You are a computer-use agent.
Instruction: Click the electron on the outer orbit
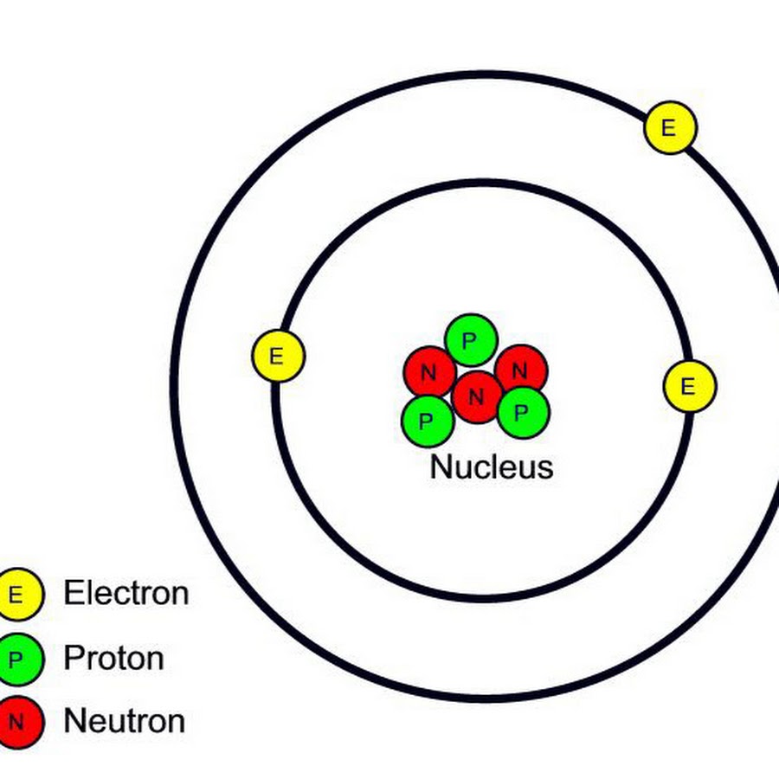click(x=670, y=128)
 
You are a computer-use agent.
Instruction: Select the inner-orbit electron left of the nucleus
click(x=278, y=357)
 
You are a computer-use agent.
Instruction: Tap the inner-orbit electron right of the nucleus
click(x=689, y=386)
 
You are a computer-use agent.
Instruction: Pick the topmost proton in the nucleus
click(x=470, y=340)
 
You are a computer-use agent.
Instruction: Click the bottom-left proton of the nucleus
click(x=428, y=421)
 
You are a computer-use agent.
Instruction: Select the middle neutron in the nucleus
click(x=476, y=397)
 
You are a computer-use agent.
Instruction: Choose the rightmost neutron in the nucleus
click(x=521, y=370)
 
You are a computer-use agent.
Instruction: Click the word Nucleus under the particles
click(x=491, y=467)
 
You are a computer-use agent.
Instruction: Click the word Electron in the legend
click(x=126, y=594)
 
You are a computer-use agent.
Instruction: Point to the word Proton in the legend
click(x=113, y=659)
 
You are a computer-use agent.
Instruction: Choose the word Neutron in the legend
click(x=125, y=721)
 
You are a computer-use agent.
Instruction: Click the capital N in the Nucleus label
click(x=441, y=467)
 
